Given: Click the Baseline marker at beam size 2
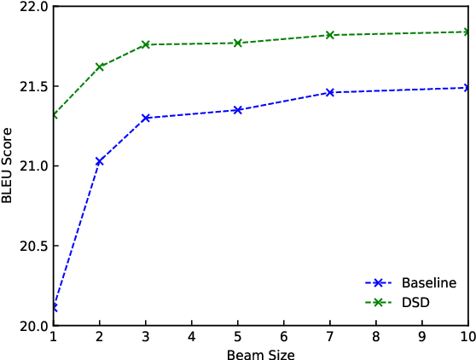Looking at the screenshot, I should pyautogui.click(x=100, y=161).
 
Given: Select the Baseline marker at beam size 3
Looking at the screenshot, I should pyautogui.click(x=146, y=118).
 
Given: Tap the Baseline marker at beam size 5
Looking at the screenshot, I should pyautogui.click(x=238, y=110).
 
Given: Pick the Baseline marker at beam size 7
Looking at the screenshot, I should pyautogui.click(x=330, y=92).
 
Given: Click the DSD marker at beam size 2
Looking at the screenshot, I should pyautogui.click(x=100, y=67).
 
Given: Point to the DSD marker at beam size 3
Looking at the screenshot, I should pyautogui.click(x=146, y=44).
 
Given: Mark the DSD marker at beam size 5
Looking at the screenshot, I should pyautogui.click(x=238, y=43).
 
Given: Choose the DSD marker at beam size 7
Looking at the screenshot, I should pyautogui.click(x=330, y=35).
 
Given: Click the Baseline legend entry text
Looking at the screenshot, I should pyautogui.click(x=428, y=283).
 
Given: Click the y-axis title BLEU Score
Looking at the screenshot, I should pyautogui.click(x=9, y=165).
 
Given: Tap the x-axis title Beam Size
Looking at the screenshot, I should pyautogui.click(x=261, y=352).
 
